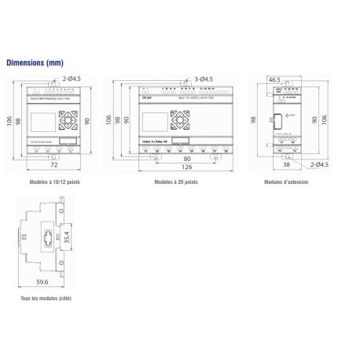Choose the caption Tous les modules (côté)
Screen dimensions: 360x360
click(42, 299)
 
